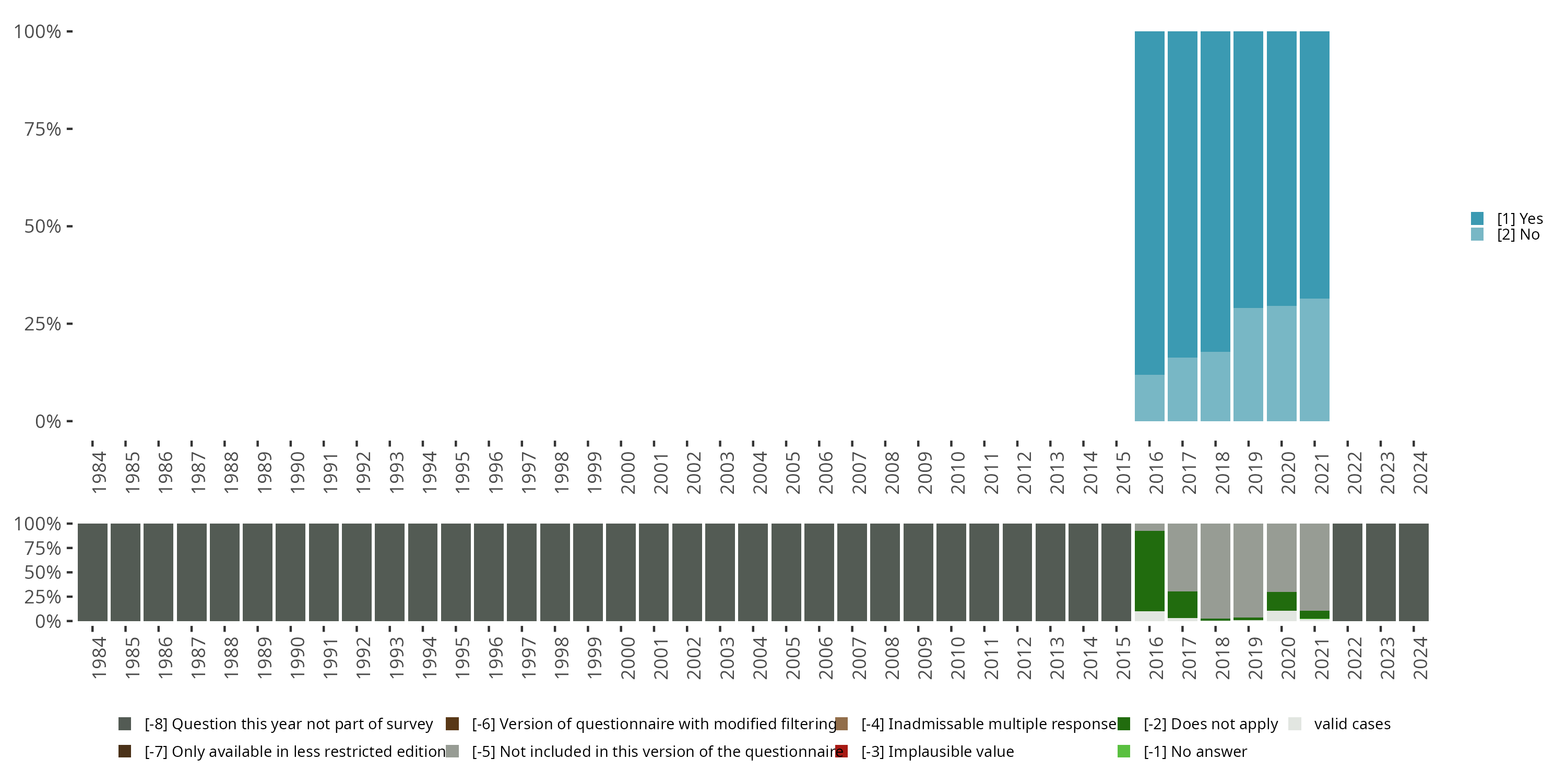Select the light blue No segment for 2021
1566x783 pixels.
coord(1314,359)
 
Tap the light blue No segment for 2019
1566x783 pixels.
coord(1248,364)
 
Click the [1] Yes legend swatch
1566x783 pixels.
coord(1477,218)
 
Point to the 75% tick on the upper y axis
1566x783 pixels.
coord(69,129)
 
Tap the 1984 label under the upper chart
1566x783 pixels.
coord(99,472)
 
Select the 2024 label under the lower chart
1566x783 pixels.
coord(1420,658)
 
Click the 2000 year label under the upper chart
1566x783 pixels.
coord(628,472)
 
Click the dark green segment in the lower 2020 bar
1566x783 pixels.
coord(1282,601)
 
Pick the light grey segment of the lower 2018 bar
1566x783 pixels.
coord(1215,570)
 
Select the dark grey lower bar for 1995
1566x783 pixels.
coord(456,572)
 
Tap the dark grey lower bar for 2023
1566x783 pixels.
coord(1381,572)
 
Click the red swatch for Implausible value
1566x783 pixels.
coord(841,751)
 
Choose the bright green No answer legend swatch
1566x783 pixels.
coord(1123,751)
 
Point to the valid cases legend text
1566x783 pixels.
coord(1352,724)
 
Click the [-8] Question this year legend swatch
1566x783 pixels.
coord(125,724)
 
